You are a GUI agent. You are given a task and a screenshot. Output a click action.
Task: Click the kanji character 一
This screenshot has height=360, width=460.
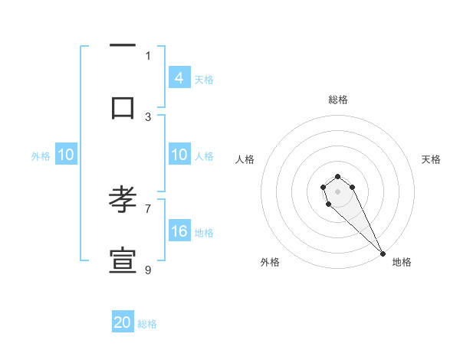pyautogui.click(x=123, y=45)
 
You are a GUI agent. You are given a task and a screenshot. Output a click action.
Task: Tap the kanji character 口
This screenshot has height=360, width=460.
pyautogui.click(x=123, y=107)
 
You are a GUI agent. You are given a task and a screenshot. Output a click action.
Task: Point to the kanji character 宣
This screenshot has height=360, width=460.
pyautogui.click(x=123, y=261)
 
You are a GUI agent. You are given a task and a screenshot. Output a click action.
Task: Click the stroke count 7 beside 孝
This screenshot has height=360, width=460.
pyautogui.click(x=148, y=208)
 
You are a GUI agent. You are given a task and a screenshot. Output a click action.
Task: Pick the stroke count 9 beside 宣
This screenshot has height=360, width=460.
pyautogui.click(x=148, y=270)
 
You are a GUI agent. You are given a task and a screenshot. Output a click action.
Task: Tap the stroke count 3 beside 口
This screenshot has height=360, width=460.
pyautogui.click(x=148, y=116)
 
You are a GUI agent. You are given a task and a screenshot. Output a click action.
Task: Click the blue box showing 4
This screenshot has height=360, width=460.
pyautogui.click(x=179, y=78)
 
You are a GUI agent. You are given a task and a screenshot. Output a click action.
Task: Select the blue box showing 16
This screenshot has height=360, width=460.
pyautogui.click(x=179, y=231)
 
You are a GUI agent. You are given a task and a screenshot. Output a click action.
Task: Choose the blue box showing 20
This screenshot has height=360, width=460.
pyautogui.click(x=123, y=322)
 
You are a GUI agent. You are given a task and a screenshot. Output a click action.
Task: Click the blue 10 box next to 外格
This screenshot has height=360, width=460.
pyautogui.click(x=66, y=155)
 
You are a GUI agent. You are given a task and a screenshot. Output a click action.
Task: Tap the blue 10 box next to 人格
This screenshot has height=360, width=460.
pyautogui.click(x=179, y=155)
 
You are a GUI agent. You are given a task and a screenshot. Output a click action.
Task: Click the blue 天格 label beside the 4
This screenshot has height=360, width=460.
pyautogui.click(x=204, y=79)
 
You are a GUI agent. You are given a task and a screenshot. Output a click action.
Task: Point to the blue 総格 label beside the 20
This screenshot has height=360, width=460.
pyautogui.click(x=147, y=324)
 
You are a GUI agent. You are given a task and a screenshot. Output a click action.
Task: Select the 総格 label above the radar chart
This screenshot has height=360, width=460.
pyautogui.click(x=338, y=100)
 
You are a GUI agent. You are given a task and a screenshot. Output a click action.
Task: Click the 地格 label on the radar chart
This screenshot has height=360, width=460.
pyautogui.click(x=402, y=262)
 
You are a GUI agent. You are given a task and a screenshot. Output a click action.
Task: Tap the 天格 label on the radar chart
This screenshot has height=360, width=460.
pyautogui.click(x=431, y=159)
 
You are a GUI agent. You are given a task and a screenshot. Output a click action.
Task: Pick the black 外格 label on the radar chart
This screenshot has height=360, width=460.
pyautogui.click(x=270, y=262)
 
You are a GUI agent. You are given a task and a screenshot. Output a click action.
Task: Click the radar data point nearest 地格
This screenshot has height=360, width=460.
pyautogui.click(x=383, y=254)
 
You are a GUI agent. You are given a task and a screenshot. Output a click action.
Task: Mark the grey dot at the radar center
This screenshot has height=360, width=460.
pyautogui.click(x=337, y=191)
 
